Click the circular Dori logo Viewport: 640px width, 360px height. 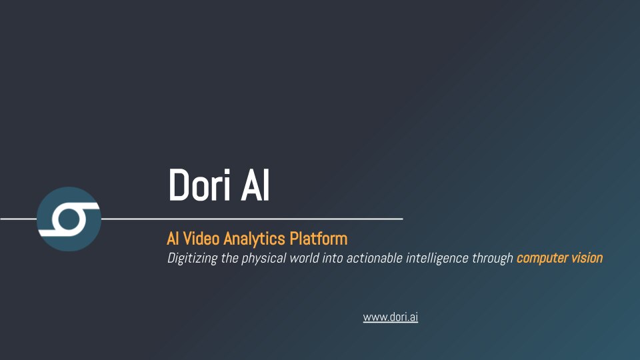point(69,219)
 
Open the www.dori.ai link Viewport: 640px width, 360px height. point(390,317)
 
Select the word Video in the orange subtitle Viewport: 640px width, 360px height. point(202,238)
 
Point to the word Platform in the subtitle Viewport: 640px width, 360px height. point(323,238)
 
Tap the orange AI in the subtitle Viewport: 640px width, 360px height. point(173,238)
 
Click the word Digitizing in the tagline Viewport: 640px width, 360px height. point(192,258)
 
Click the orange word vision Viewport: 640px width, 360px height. point(586,258)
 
